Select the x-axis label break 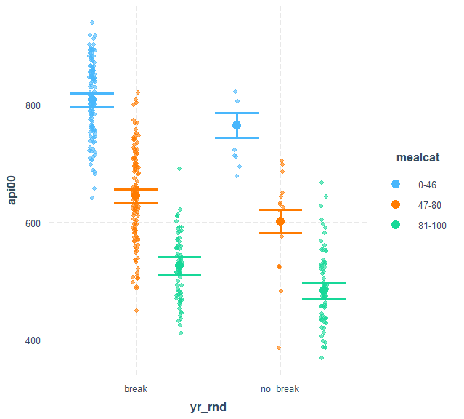tap(136, 389)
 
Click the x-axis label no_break tap(280, 389)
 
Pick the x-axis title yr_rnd tap(208, 407)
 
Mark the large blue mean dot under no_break tap(237, 125)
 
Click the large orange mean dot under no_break tap(280, 221)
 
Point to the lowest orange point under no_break tap(278, 348)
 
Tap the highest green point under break tap(179, 169)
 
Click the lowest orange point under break tap(136, 311)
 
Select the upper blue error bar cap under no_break tap(237, 113)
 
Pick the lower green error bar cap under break tap(179, 274)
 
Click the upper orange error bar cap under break tap(136, 189)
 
